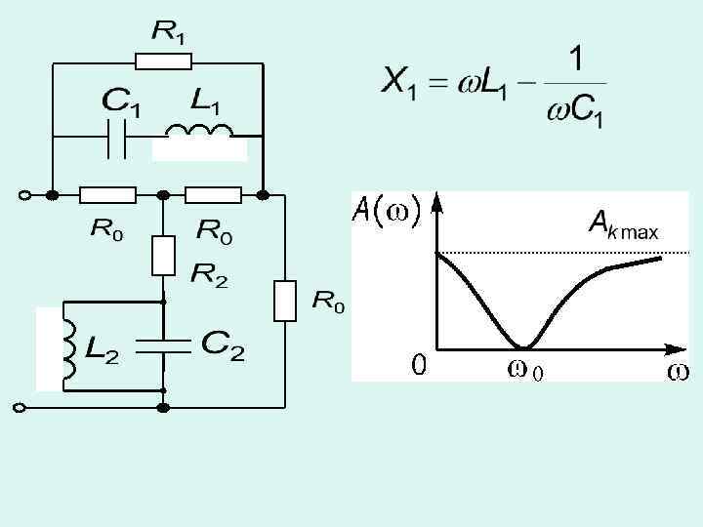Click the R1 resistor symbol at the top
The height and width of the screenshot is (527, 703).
[163, 62]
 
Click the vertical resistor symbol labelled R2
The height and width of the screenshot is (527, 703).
[163, 255]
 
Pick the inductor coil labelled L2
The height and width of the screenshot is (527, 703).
[69, 346]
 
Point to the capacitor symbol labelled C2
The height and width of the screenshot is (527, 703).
[163, 345]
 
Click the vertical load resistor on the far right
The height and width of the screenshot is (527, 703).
[284, 301]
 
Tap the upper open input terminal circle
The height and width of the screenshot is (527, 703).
[22, 195]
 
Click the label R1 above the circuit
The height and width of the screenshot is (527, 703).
[168, 32]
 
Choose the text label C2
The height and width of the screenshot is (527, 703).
[223, 345]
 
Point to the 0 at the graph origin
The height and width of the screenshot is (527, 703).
[418, 366]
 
